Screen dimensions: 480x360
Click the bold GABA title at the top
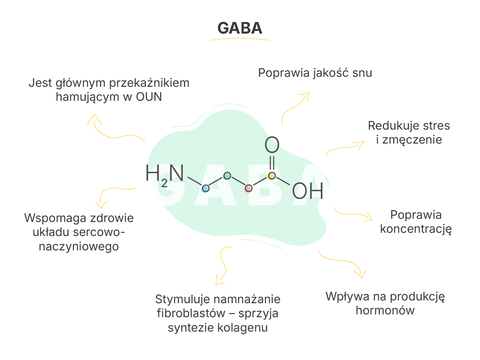point(240,28)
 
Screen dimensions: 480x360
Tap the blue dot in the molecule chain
point(205,188)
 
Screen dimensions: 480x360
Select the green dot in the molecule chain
point(227,176)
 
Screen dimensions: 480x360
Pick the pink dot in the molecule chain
point(248,188)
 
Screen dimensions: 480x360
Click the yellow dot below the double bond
point(272,176)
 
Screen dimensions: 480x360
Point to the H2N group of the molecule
point(164,175)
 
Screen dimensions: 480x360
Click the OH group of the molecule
point(308,191)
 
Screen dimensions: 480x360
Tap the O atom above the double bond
point(272,144)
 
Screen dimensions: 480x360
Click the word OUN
point(149,97)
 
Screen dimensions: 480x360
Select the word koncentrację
point(416,230)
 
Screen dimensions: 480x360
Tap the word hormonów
point(385,310)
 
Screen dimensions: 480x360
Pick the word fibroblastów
point(191,313)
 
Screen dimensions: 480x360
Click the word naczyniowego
point(79,247)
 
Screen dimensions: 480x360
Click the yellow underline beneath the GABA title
point(240,38)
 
